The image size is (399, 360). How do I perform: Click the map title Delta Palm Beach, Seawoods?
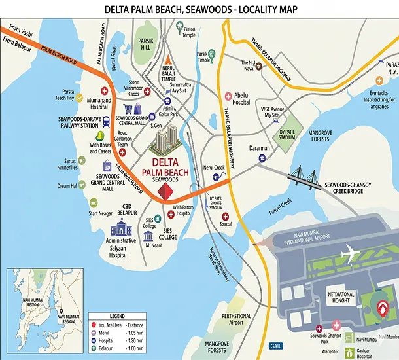199,9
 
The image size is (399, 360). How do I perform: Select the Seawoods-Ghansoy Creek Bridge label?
354,189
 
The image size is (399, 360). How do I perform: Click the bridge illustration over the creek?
304,173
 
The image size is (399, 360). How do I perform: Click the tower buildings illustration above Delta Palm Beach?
166,139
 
